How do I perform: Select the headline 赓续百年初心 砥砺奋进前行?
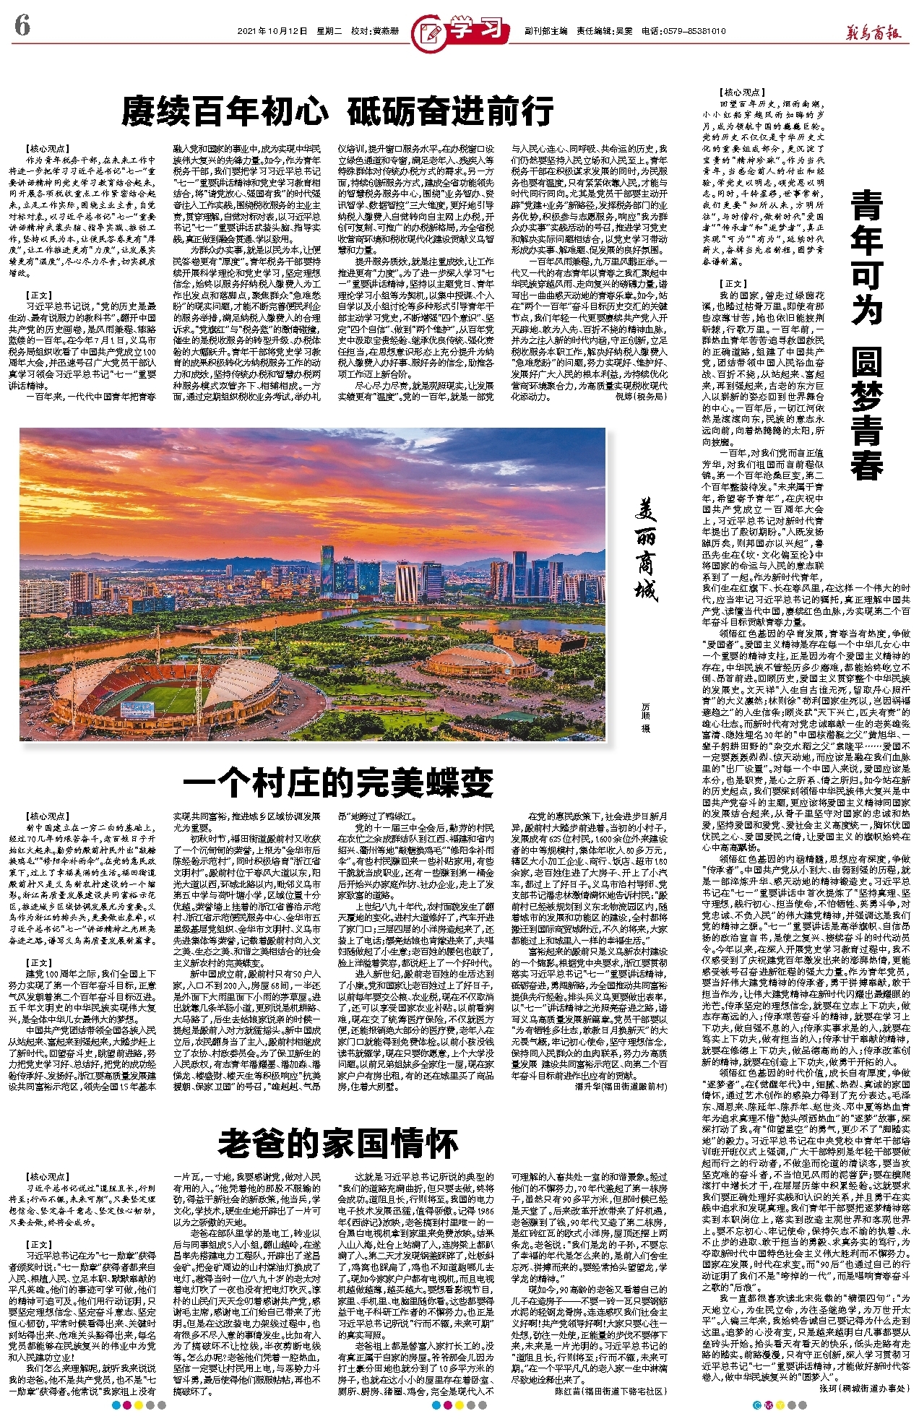click(x=337, y=111)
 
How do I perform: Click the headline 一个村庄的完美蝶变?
click(x=338, y=782)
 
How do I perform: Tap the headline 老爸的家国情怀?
click(x=338, y=1143)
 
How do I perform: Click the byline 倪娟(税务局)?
click(x=640, y=397)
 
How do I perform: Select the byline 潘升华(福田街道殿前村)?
click(x=621, y=1086)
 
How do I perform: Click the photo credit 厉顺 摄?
click(x=646, y=715)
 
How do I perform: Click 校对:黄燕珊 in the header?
click(x=375, y=32)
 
